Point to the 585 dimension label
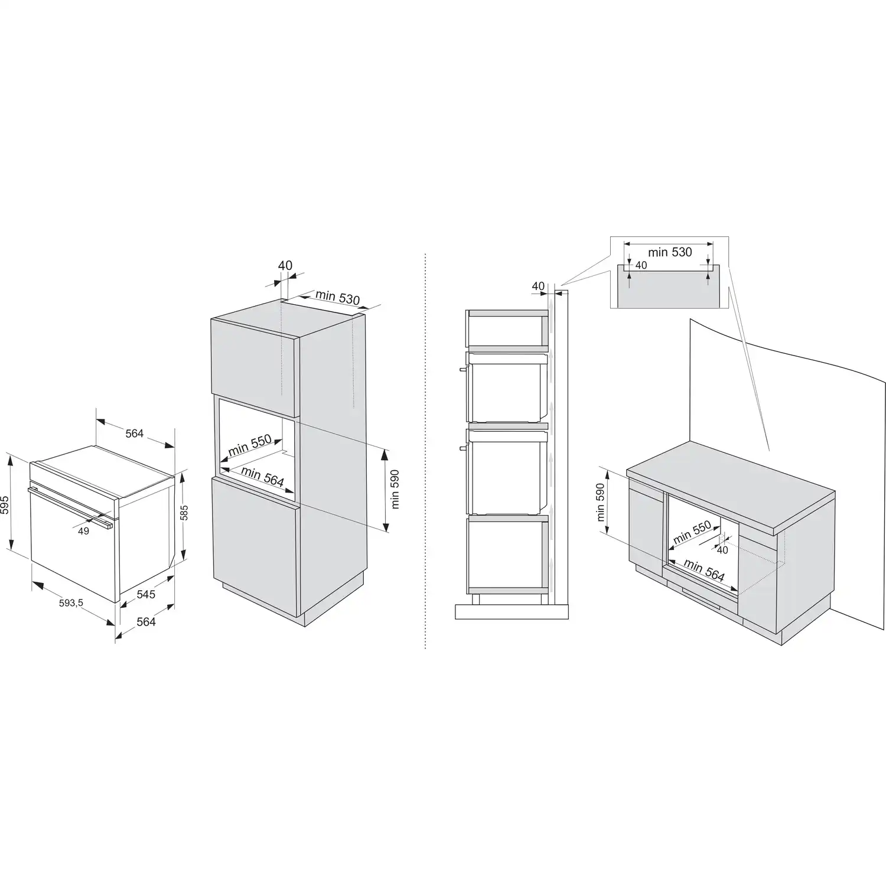pos(184,512)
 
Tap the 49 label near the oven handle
pos(83,531)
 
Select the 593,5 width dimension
pos(70,603)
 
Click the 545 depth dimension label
pos(146,594)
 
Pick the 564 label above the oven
pos(135,434)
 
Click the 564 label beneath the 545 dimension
pos(146,621)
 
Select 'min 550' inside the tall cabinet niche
pos(250,444)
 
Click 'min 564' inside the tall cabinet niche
pos(262,476)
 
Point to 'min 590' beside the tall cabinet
pos(395,489)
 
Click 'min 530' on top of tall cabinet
pos(337,297)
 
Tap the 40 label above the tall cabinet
pos(285,266)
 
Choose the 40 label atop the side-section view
pos(538,286)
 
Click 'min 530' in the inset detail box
pos(670,252)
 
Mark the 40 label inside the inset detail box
pos(641,265)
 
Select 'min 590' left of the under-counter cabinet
pos(601,503)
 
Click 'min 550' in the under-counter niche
pos(692,533)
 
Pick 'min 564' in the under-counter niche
pos(704,571)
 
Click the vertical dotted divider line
pos(425,452)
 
